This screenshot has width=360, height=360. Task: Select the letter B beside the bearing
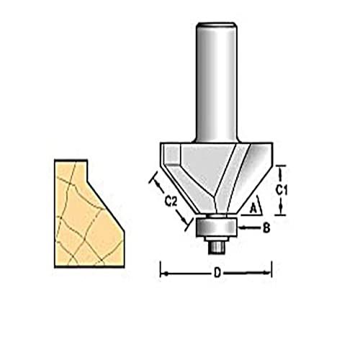pyautogui.click(x=266, y=228)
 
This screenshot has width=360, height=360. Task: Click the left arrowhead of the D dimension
pyautogui.click(x=163, y=273)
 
